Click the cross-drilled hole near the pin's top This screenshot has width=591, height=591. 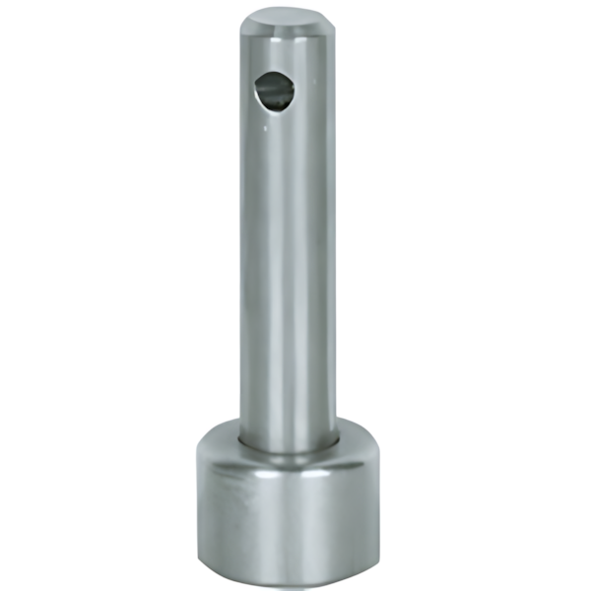tap(274, 91)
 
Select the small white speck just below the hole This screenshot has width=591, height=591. tap(270, 125)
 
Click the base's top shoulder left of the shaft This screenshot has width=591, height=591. tap(219, 435)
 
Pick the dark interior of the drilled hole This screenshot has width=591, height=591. tap(279, 92)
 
